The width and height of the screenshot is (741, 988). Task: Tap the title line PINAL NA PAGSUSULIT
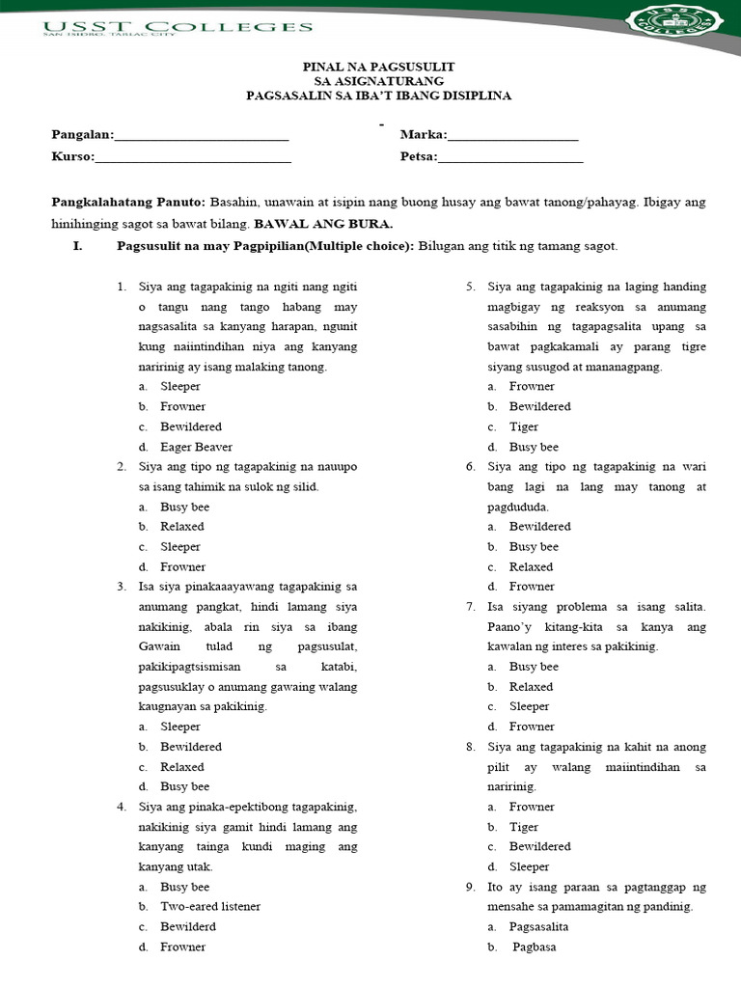[378, 67]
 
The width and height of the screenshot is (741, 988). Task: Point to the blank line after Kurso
[192, 157]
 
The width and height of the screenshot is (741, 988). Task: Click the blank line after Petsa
[510, 157]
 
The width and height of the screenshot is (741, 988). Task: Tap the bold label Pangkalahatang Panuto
[127, 202]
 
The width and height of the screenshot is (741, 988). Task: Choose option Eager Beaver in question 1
[196, 447]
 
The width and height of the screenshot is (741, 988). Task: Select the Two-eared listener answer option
[209, 906]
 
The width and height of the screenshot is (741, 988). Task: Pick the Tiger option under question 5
[524, 426]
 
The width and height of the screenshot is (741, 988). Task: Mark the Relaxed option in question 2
[181, 527]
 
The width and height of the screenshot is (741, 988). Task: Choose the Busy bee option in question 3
[184, 786]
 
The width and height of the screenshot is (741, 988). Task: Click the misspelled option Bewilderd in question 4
[188, 926]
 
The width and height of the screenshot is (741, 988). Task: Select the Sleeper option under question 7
[529, 706]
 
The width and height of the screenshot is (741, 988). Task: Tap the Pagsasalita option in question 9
[538, 926]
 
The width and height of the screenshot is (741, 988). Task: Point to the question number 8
[470, 747]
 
